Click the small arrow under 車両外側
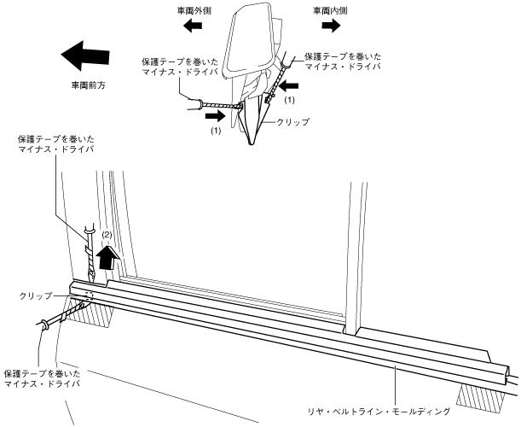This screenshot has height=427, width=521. [x=195, y=26]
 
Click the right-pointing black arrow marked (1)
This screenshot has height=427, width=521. [x=219, y=111]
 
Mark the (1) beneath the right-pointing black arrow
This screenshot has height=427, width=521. [x=216, y=132]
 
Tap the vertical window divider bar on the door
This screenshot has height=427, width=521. [x=350, y=256]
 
